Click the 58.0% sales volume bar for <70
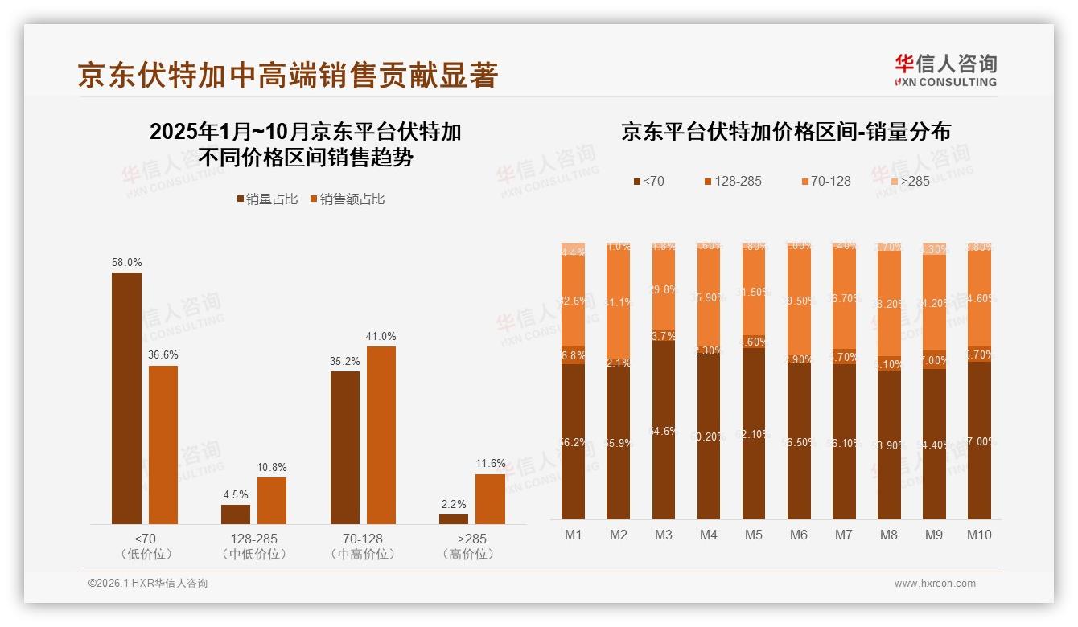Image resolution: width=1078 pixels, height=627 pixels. (126, 398)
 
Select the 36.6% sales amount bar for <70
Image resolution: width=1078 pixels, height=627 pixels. (163, 445)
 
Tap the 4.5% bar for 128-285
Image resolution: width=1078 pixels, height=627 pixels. (236, 514)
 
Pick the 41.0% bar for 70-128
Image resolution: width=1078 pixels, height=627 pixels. (381, 435)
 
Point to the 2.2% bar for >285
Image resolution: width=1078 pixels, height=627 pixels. (454, 519)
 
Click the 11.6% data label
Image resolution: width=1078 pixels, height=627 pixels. (490, 463)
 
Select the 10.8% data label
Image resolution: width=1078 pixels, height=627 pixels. (272, 467)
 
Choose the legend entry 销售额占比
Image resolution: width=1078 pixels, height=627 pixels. (347, 199)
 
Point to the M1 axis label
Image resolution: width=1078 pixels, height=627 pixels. (573, 535)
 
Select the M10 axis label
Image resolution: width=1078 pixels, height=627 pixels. (979, 535)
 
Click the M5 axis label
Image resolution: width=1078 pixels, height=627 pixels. (753, 535)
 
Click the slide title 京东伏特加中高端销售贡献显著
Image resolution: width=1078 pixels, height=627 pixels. (288, 75)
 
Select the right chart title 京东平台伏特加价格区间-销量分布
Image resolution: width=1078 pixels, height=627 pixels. (785, 132)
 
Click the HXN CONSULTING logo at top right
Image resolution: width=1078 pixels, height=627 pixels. (945, 70)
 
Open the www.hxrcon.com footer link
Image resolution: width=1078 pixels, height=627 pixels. (935, 584)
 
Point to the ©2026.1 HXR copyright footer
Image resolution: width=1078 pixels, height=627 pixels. (148, 584)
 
